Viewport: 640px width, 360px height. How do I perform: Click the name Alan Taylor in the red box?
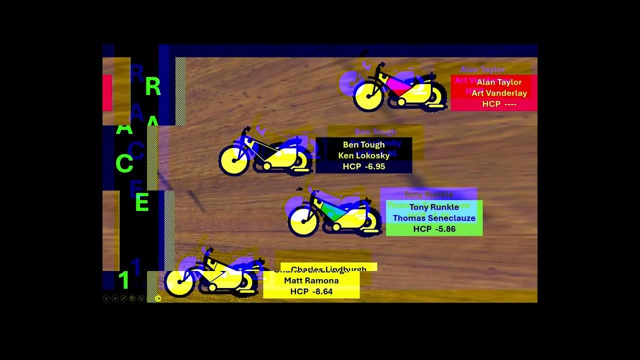[x=499, y=82]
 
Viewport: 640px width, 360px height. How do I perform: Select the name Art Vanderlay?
[x=499, y=93]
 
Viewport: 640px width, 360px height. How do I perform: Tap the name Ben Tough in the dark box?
[x=363, y=145]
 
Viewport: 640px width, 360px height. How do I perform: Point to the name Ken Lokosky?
[x=363, y=155]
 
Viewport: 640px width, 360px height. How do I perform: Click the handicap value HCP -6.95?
[x=363, y=166]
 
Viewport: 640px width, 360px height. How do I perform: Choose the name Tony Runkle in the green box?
[x=434, y=207]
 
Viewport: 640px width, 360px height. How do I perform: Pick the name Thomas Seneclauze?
[x=434, y=218]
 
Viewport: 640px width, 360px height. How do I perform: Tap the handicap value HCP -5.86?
[x=434, y=229]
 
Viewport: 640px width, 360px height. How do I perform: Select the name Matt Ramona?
[x=311, y=280]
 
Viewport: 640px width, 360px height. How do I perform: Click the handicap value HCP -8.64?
[x=311, y=291]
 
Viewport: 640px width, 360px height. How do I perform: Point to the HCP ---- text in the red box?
[x=499, y=104]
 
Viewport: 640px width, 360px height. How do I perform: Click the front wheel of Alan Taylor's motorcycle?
[x=368, y=96]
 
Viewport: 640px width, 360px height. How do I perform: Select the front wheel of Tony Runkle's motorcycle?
[x=303, y=221]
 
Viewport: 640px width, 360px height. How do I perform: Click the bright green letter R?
[x=153, y=87]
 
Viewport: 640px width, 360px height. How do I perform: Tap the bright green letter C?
[x=124, y=163]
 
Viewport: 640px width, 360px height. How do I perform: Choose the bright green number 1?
[x=123, y=280]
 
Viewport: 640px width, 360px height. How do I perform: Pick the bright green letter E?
[x=142, y=202]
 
